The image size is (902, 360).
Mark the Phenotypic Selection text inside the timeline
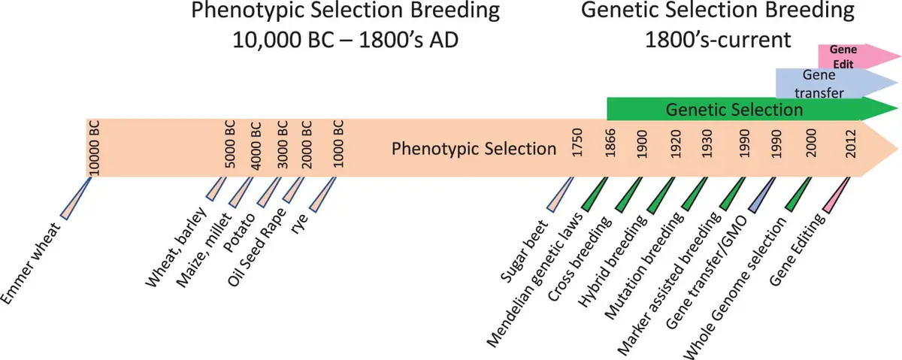pyautogui.click(x=474, y=149)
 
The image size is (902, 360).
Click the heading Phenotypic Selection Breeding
pyautogui.click(x=345, y=11)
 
